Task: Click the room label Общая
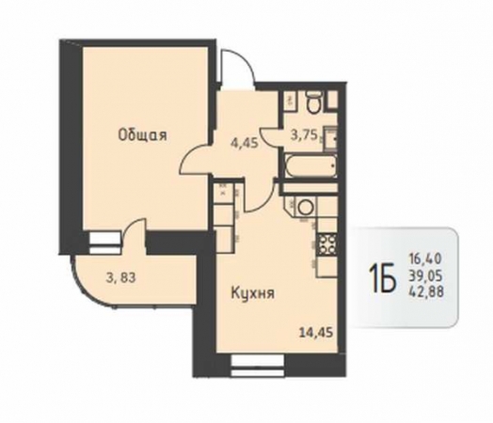coord(142,135)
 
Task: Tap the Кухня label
coord(253,293)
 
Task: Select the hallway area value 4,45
coord(244,143)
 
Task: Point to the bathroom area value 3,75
coord(304,136)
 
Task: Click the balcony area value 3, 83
coord(121,278)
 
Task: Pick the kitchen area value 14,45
coord(316,332)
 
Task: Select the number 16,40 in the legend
coord(425,259)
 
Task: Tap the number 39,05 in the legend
coord(425,275)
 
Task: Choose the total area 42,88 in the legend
coord(426,292)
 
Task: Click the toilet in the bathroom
coord(314,102)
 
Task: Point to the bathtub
coord(310,165)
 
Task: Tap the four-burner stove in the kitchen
coord(327,244)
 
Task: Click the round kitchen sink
coord(304,207)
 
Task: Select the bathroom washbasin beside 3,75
coord(331,138)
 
